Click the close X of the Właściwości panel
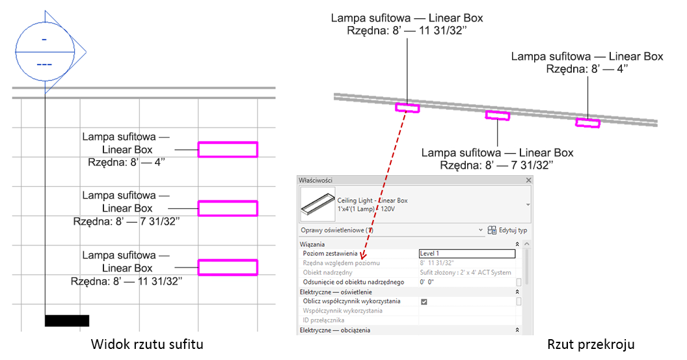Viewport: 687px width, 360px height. click(x=528, y=180)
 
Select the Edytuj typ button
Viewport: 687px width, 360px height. click(x=507, y=230)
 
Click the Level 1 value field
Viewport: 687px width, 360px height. click(x=467, y=253)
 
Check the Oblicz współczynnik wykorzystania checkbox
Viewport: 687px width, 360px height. click(x=424, y=301)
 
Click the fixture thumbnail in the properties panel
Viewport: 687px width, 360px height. click(x=317, y=204)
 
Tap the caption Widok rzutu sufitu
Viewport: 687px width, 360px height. click(x=147, y=344)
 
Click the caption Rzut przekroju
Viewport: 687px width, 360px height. click(x=591, y=344)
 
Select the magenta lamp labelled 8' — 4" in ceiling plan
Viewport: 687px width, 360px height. click(x=228, y=150)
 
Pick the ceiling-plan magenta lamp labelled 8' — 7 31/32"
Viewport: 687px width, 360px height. click(x=228, y=208)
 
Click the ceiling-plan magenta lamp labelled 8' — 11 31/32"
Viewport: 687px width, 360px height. click(x=228, y=267)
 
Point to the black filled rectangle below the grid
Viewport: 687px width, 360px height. click(x=67, y=320)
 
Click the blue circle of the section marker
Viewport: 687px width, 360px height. click(x=45, y=51)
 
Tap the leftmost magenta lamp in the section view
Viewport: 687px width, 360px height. click(x=407, y=107)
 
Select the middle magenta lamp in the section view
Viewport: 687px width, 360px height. click(x=497, y=115)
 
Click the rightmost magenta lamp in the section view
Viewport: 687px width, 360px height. click(x=587, y=123)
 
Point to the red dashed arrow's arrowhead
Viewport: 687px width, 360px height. click(x=362, y=255)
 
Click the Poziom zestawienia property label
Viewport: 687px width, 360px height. click(x=330, y=253)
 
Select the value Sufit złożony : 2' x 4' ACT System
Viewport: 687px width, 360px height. click(x=465, y=272)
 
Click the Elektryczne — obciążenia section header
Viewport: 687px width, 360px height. click(x=335, y=330)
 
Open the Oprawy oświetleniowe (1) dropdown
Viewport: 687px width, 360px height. click(x=481, y=230)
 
